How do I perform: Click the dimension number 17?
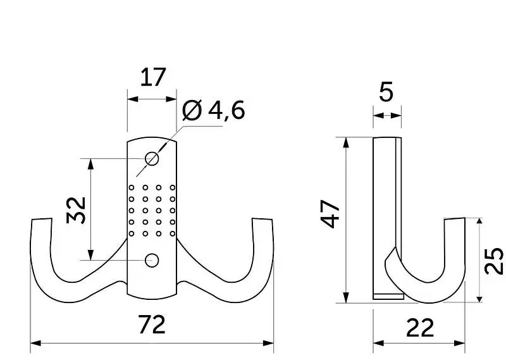(x=153, y=77)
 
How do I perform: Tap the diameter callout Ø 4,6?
(x=213, y=110)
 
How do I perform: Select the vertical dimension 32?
(x=76, y=210)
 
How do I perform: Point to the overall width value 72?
(x=152, y=325)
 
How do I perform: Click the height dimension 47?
(x=330, y=214)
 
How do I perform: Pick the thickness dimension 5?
(x=386, y=92)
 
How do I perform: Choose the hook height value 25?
(x=494, y=261)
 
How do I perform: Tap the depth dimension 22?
(x=420, y=328)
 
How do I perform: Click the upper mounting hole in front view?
(x=152, y=159)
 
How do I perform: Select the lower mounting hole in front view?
(x=152, y=260)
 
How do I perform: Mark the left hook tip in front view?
(x=42, y=220)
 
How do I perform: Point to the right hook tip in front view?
(x=262, y=220)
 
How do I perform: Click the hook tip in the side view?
(x=454, y=218)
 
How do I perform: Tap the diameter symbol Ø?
(x=192, y=110)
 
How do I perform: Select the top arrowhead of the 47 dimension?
(x=346, y=143)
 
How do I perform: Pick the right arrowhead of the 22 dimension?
(x=460, y=343)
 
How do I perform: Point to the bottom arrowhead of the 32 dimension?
(x=90, y=254)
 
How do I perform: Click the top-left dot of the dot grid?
(x=132, y=187)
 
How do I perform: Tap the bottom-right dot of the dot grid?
(x=173, y=233)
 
